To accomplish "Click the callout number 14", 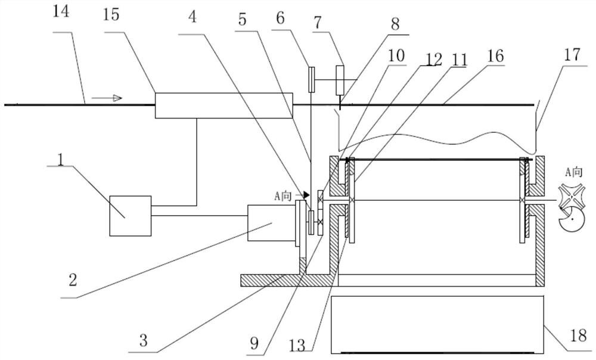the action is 61,11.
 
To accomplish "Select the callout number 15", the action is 111,14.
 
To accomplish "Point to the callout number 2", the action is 72,281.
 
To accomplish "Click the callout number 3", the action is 143,340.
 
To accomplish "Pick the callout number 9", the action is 254,343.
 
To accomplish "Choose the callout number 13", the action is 297,345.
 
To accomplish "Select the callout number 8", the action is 395,24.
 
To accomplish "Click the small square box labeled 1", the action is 131,216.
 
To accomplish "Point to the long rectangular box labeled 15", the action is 224,105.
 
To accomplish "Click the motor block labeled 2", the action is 271,223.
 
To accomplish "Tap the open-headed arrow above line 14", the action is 107,98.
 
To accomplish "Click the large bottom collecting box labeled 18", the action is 438,324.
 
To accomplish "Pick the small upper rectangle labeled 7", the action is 340,80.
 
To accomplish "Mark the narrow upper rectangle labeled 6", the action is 311,79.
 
